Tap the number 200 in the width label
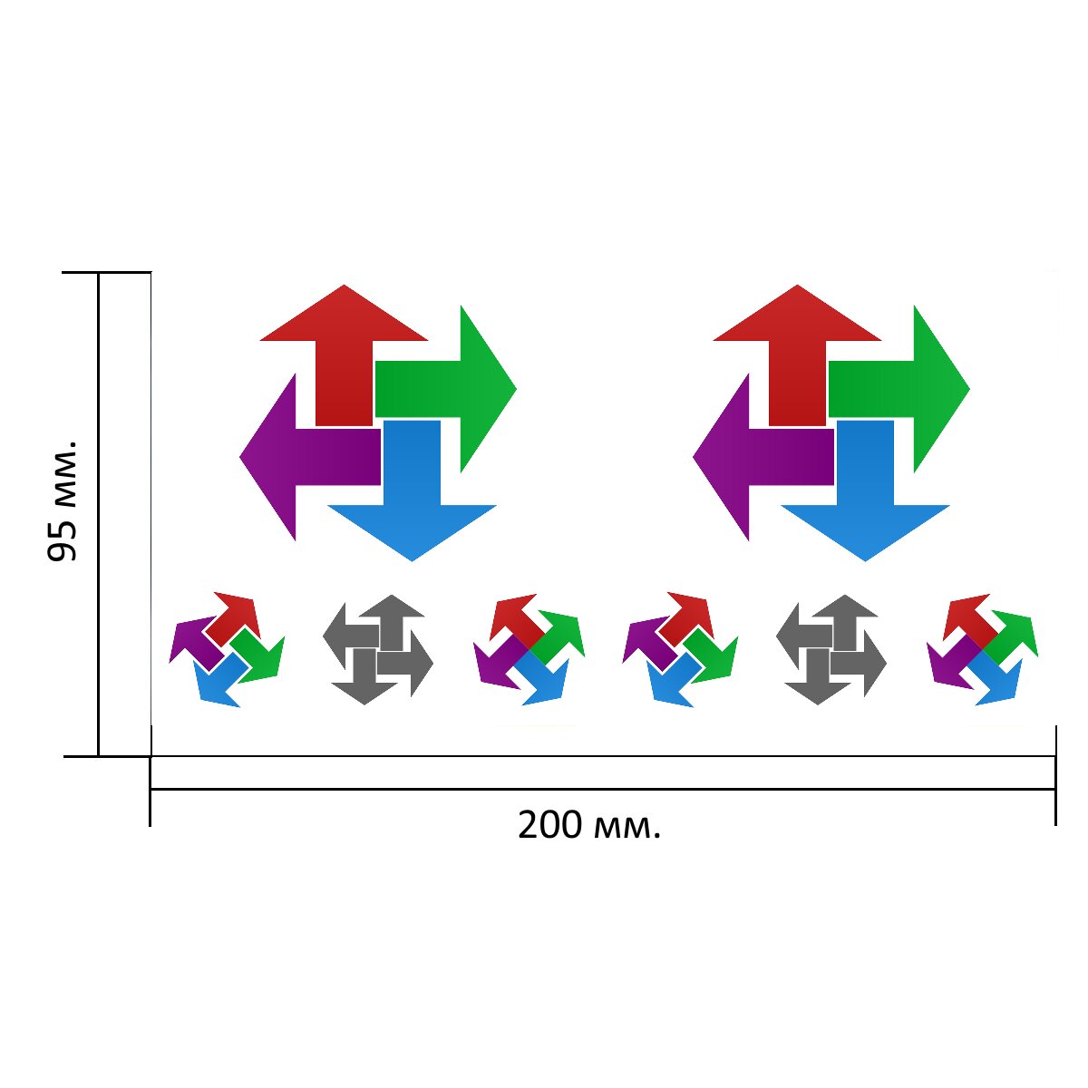pyautogui.click(x=549, y=825)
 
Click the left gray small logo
pyautogui.click(x=378, y=649)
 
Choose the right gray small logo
pyautogui.click(x=831, y=649)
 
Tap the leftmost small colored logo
pyautogui.click(x=227, y=649)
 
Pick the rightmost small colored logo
pyautogui.click(x=983, y=649)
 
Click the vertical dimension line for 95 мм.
pyautogui.click(x=99, y=514)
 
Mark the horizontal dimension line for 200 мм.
pyautogui.click(x=603, y=789)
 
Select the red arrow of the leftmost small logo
pyautogui.click(x=233, y=619)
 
